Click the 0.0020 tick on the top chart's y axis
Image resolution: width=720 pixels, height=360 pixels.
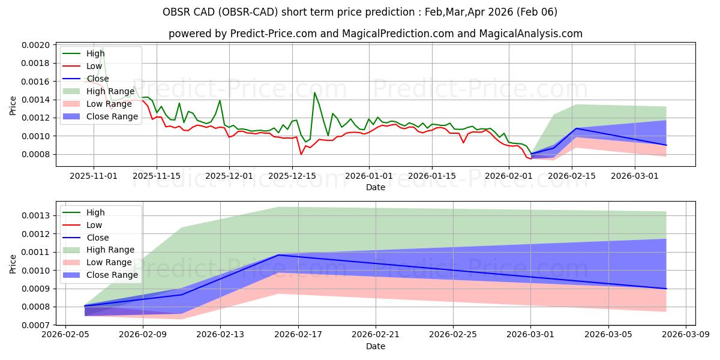(x=37, y=44)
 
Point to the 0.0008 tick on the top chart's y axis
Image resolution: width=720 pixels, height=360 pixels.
(x=37, y=155)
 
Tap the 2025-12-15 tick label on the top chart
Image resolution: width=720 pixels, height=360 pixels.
(x=292, y=176)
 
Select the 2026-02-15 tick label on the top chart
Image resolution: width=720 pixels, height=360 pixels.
(x=572, y=176)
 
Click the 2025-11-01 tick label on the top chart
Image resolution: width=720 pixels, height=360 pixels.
(x=93, y=176)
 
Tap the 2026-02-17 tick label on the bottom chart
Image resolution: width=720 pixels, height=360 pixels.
(x=298, y=335)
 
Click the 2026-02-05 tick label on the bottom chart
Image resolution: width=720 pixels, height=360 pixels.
(x=65, y=335)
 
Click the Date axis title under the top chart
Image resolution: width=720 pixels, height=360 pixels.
(x=376, y=187)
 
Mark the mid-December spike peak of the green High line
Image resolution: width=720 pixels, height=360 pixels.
(x=314, y=92)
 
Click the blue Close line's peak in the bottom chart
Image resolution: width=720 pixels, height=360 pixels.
(x=278, y=255)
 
